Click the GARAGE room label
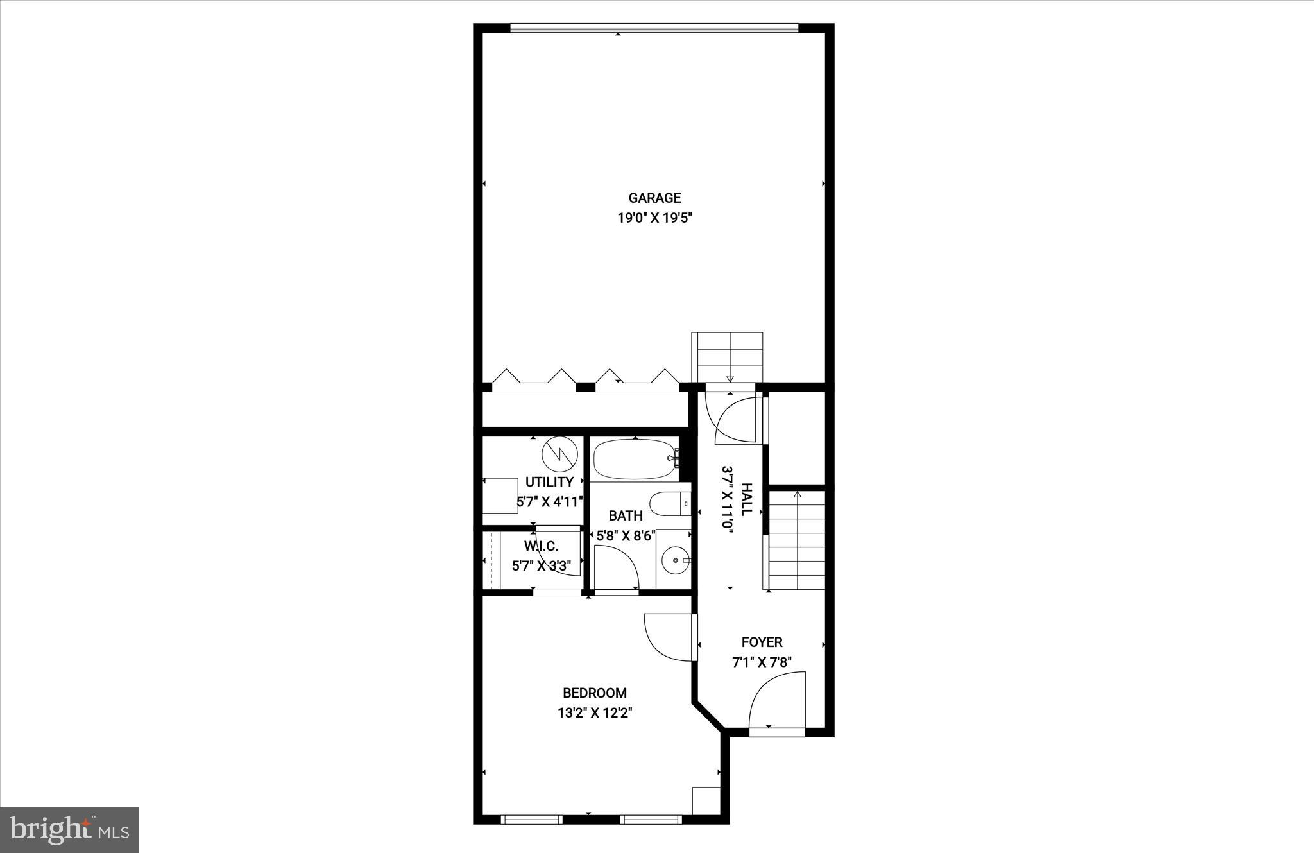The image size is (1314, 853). click(654, 198)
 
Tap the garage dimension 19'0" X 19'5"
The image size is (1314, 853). click(654, 218)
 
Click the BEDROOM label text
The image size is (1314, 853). click(594, 693)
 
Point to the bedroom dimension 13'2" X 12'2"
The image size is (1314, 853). click(595, 712)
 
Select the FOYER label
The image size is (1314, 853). click(762, 642)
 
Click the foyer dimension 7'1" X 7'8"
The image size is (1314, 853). click(762, 662)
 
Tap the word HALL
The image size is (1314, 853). click(746, 499)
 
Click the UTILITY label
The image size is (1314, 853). click(549, 482)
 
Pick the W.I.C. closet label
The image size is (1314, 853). click(541, 546)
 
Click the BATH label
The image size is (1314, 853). click(626, 515)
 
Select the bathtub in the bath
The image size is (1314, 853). click(635, 458)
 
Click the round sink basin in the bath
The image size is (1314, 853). click(675, 560)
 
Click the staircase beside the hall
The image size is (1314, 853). click(796, 540)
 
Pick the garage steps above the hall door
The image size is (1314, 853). click(727, 357)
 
